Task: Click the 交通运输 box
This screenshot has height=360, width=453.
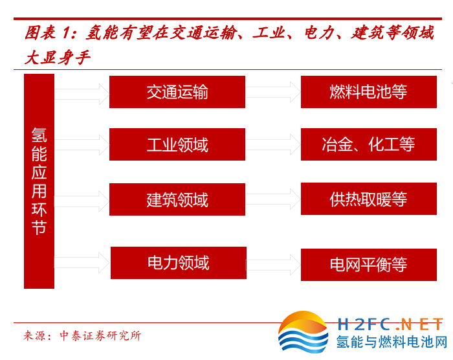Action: click(x=177, y=92)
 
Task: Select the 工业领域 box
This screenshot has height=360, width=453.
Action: click(x=177, y=144)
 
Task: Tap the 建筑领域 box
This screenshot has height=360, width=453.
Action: click(x=177, y=199)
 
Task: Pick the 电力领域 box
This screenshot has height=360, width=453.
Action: click(x=179, y=263)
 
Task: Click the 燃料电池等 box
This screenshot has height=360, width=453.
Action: click(x=369, y=92)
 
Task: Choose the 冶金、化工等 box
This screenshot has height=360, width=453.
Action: click(x=369, y=144)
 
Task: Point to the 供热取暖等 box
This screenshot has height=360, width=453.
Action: click(x=369, y=199)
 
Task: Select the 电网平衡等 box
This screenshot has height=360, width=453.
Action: click(x=369, y=265)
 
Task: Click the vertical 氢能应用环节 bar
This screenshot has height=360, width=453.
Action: click(x=39, y=181)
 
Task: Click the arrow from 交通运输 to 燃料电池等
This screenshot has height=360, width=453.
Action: click(x=273, y=92)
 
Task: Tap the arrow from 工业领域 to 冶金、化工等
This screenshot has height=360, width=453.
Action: click(x=273, y=144)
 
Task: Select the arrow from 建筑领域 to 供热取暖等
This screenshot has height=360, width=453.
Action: click(x=273, y=199)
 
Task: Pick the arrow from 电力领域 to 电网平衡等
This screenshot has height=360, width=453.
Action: click(x=274, y=265)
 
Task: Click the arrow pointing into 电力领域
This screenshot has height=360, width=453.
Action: click(x=82, y=263)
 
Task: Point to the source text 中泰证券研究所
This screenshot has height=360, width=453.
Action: click(x=100, y=335)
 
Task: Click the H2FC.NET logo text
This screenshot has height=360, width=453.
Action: click(x=390, y=324)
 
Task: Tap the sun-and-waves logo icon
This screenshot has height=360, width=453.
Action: click(x=303, y=332)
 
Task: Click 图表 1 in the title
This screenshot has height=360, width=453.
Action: click(x=47, y=32)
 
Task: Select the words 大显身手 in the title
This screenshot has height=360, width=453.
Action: click(x=58, y=57)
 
